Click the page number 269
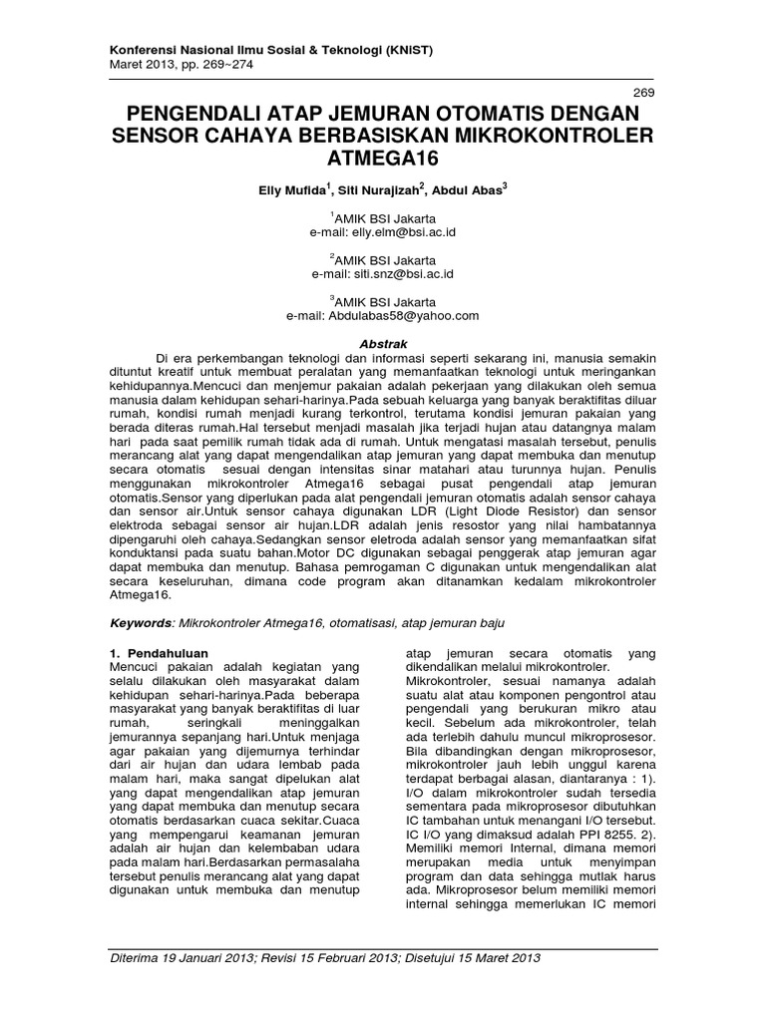click(x=644, y=92)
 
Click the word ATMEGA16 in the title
click(x=383, y=159)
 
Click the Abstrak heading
click(x=383, y=342)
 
